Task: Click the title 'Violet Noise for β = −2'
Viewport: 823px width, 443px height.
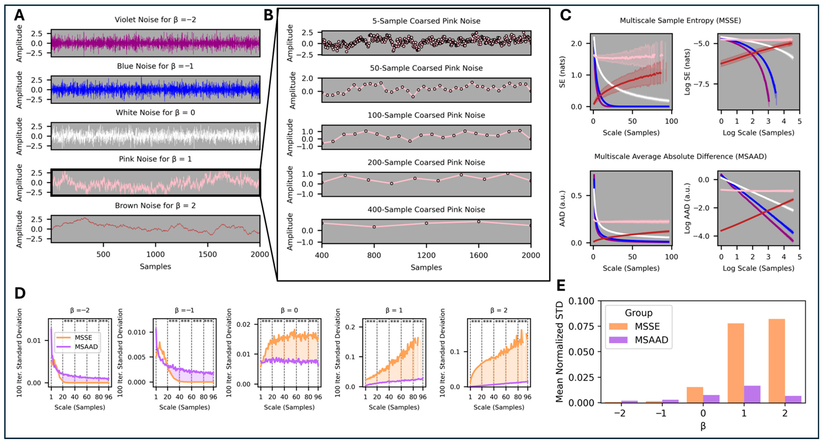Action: coord(155,20)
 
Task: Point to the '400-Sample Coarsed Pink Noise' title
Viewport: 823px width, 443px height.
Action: coord(426,209)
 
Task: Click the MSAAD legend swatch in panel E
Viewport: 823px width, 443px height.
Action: coord(618,340)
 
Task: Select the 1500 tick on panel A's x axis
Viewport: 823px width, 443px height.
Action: coord(208,255)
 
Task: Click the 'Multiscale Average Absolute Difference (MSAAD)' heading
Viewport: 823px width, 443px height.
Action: coord(680,156)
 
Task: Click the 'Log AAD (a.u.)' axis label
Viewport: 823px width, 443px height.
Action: coord(687,208)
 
